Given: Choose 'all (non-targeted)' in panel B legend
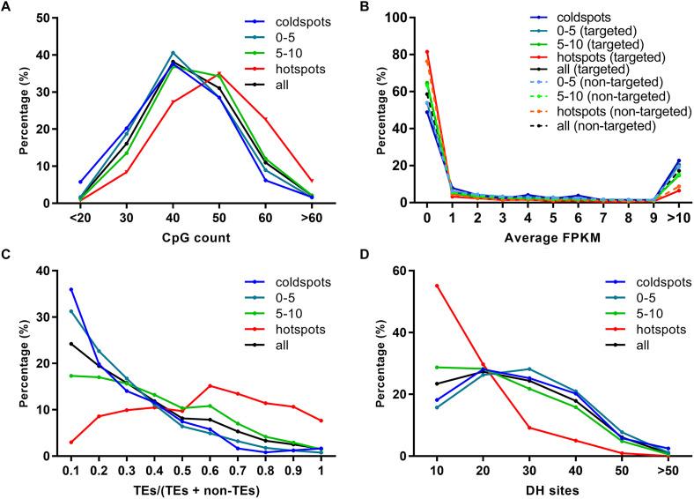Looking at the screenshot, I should (613, 125).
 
